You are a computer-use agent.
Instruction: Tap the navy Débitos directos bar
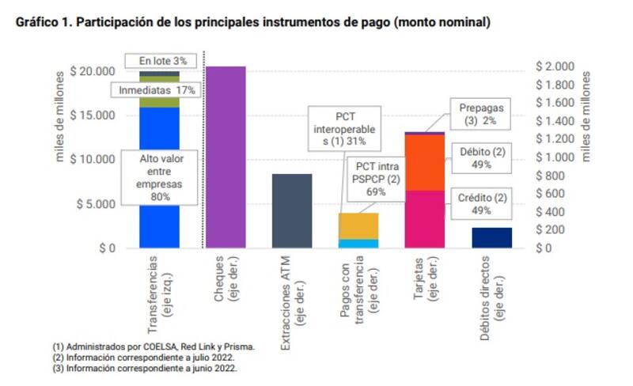click(x=491, y=237)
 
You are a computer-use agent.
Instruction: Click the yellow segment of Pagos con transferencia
click(x=358, y=226)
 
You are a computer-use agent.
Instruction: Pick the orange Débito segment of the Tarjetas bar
click(x=425, y=162)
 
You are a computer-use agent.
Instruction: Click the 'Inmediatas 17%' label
click(x=157, y=90)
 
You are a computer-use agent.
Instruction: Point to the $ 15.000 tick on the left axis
click(x=93, y=115)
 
